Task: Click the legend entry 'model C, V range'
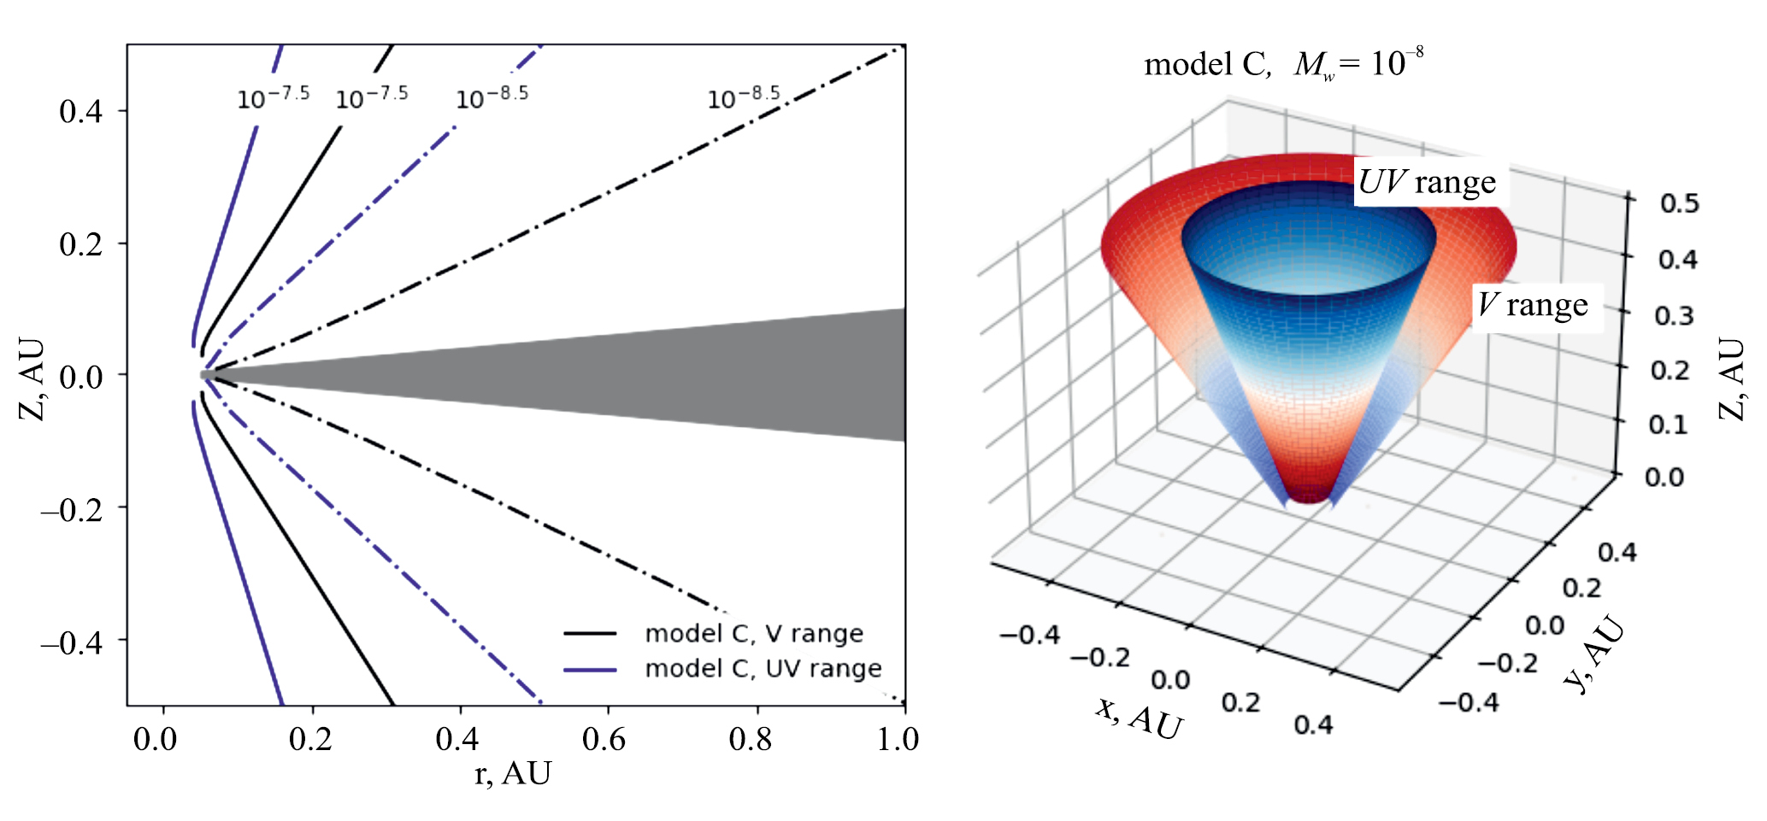(753, 633)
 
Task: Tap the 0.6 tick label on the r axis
(604, 739)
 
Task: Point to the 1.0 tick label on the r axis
(898, 739)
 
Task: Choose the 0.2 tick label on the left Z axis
(80, 245)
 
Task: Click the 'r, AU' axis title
(513, 773)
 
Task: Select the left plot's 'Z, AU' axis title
(32, 379)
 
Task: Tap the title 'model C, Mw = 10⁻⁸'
(1283, 64)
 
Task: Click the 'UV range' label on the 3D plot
(1427, 182)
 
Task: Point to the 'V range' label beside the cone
(1533, 305)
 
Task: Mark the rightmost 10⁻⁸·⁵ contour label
(744, 98)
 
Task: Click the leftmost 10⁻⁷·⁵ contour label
(273, 98)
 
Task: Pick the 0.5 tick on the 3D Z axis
(1679, 203)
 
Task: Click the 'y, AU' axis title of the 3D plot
(1593, 654)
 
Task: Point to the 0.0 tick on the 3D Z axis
(1664, 476)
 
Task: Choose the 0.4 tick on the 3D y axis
(1617, 553)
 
